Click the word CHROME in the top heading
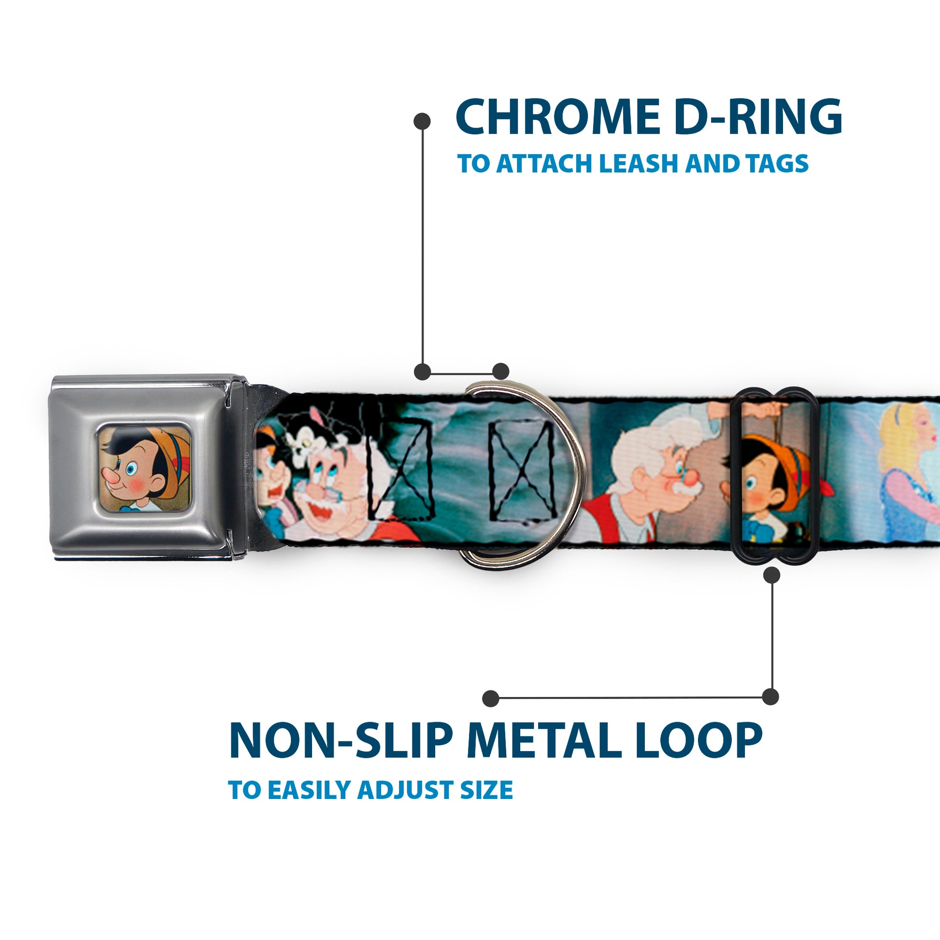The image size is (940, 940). tap(555, 117)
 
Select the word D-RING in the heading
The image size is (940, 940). tap(758, 117)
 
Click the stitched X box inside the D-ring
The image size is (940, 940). tap(523, 469)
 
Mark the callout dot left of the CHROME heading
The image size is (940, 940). tap(422, 121)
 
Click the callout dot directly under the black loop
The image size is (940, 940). tap(771, 575)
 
